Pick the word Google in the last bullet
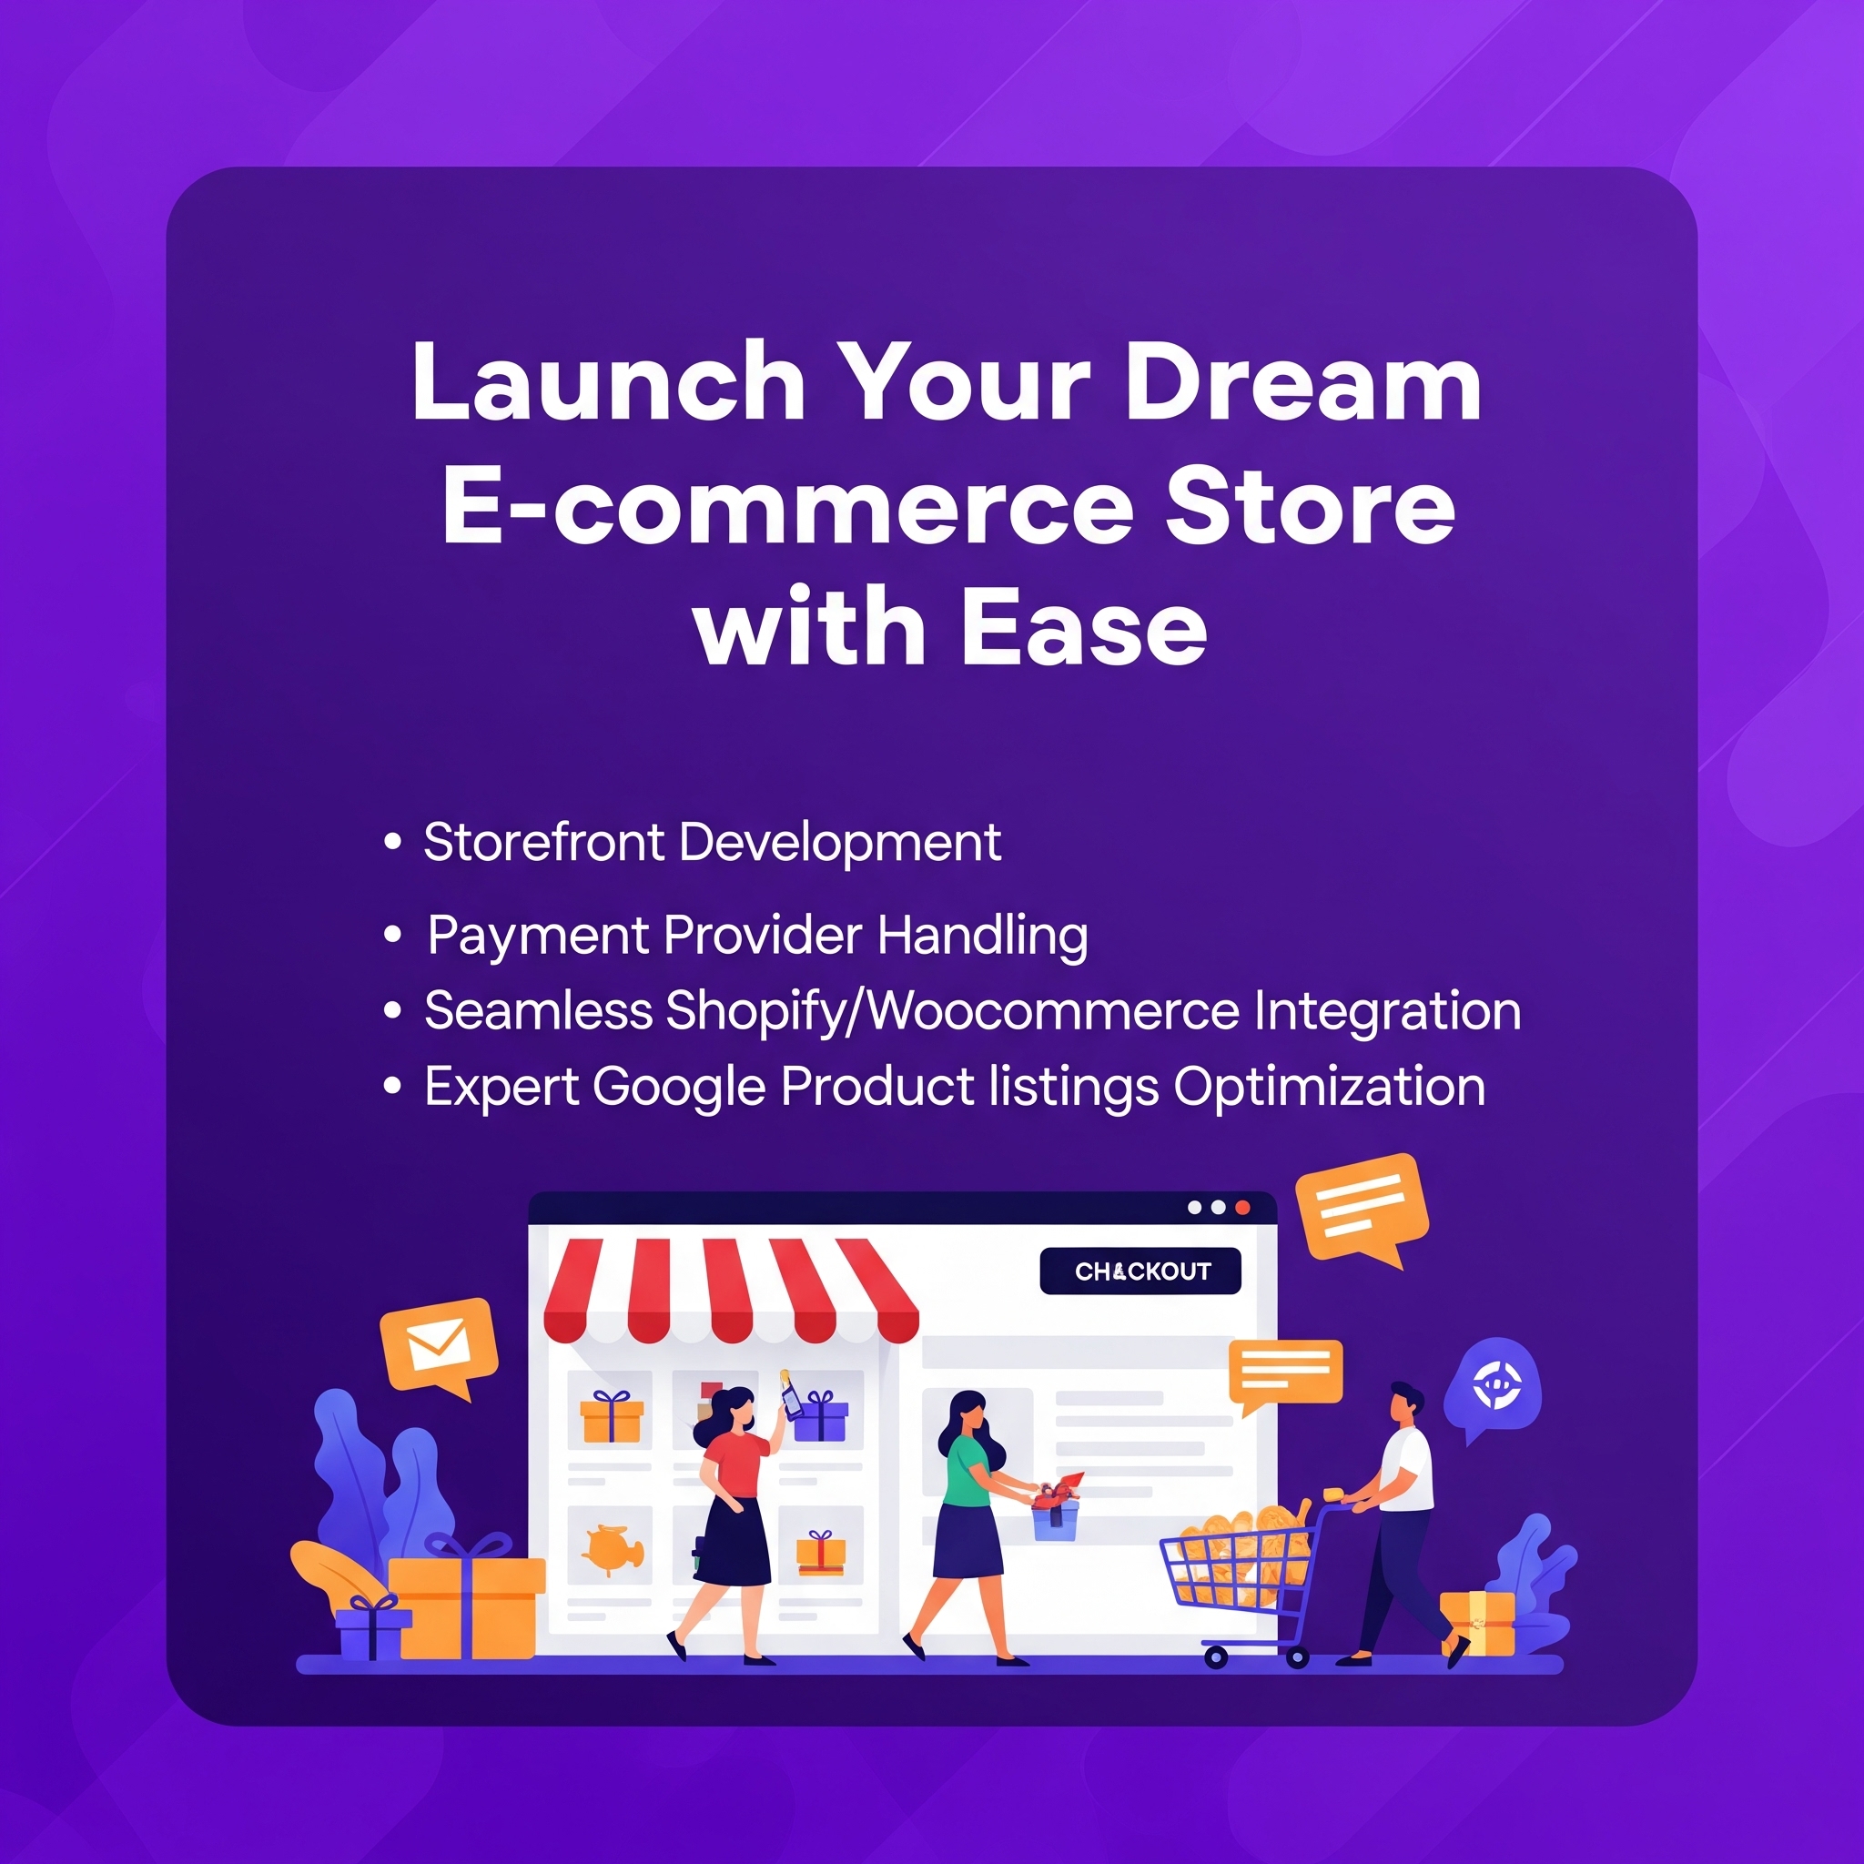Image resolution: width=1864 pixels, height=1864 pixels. [x=678, y=1089]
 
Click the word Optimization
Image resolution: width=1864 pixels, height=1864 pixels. [x=1329, y=1089]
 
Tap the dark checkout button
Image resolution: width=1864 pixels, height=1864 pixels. [x=1140, y=1271]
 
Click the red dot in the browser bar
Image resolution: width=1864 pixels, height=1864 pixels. [x=1242, y=1208]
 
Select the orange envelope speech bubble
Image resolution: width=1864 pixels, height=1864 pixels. [x=439, y=1347]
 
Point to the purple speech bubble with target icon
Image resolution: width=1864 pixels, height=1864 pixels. [x=1493, y=1389]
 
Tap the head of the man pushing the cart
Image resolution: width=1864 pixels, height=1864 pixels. [x=1404, y=1403]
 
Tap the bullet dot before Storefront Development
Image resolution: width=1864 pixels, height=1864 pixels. [x=391, y=841]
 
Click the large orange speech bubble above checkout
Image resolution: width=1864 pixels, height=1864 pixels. [x=1362, y=1208]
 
